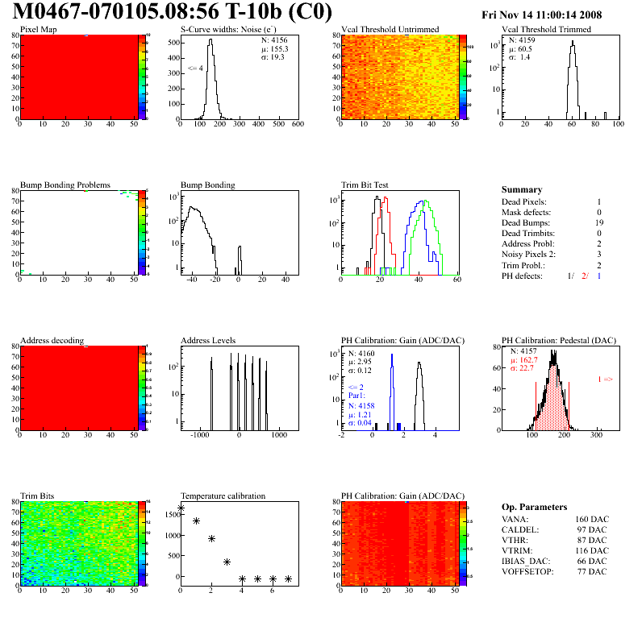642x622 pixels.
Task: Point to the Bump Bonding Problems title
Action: click(65, 185)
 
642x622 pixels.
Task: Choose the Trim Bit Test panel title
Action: click(365, 185)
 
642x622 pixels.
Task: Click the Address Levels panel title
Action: click(209, 341)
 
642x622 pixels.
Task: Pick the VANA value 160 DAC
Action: click(589, 520)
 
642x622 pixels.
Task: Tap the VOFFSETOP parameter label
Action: click(527, 572)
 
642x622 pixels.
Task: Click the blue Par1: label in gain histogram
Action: click(356, 396)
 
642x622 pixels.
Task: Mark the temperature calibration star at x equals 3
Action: click(227, 562)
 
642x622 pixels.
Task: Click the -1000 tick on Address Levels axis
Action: click(197, 435)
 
